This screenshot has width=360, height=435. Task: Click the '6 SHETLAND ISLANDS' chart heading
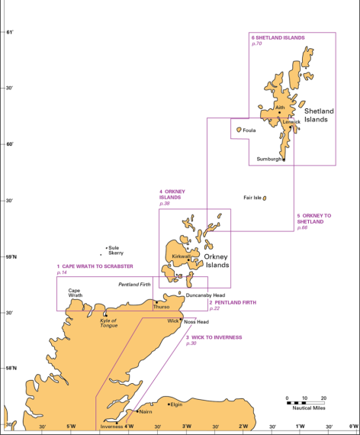click(x=278, y=37)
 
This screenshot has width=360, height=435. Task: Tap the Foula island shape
click(x=239, y=130)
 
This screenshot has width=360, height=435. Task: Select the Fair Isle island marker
click(x=264, y=198)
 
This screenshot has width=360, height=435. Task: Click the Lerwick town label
click(x=291, y=122)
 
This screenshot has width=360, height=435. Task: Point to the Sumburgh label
click(x=268, y=159)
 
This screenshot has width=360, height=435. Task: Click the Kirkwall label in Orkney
click(x=182, y=256)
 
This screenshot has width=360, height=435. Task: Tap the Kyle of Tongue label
click(x=108, y=323)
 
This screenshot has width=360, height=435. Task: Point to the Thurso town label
click(x=162, y=307)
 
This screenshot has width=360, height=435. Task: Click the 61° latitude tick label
click(x=10, y=32)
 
